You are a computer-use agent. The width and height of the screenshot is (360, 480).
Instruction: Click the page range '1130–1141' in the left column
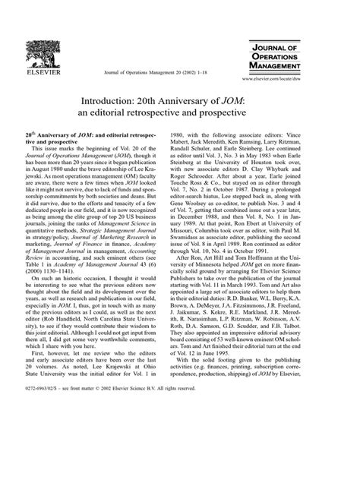click(x=65, y=285)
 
